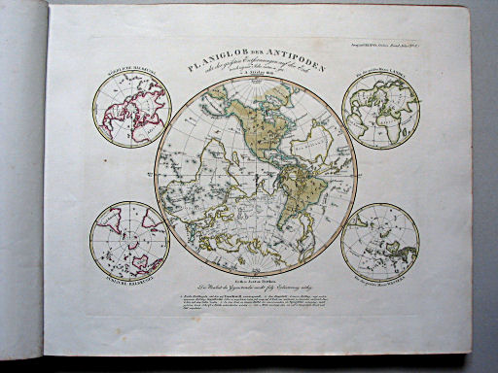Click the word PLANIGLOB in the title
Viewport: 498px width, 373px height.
(208, 57)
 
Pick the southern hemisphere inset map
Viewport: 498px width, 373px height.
(128, 239)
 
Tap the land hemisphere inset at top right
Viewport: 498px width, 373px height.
(381, 111)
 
